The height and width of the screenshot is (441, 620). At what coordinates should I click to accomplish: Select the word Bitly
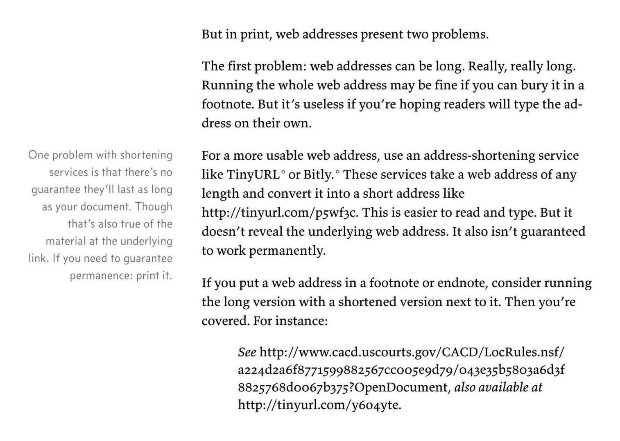(318, 175)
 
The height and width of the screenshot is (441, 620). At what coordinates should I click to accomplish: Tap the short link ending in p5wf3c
(280, 213)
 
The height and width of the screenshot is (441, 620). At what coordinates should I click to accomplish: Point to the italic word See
(247, 352)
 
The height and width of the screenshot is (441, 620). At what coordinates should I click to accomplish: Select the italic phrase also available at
(498, 387)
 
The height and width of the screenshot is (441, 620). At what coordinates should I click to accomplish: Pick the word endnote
(461, 283)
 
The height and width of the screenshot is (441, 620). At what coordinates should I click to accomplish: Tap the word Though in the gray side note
(154, 207)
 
